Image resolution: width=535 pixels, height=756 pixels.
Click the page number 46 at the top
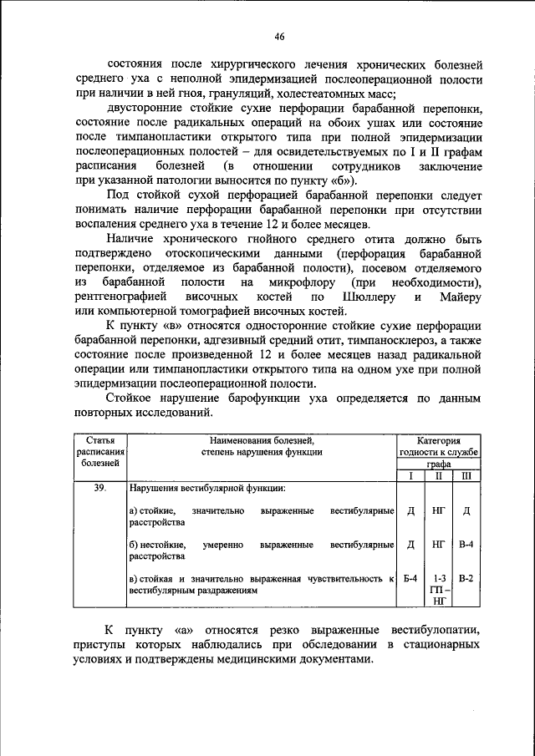tap(279, 36)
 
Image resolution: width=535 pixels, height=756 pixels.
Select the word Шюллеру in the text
tap(364, 297)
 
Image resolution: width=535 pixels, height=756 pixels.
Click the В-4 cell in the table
tap(466, 545)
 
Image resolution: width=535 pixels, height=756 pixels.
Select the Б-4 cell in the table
tap(410, 579)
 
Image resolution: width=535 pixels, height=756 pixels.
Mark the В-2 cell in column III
tap(466, 579)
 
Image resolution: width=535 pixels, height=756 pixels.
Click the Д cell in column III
tap(466, 510)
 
